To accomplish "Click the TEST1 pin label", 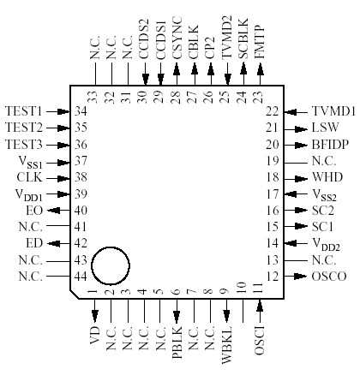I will (x=25, y=111).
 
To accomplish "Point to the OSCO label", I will (x=330, y=277).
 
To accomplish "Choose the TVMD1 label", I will (x=331, y=111).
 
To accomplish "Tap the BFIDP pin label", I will (x=330, y=145).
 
